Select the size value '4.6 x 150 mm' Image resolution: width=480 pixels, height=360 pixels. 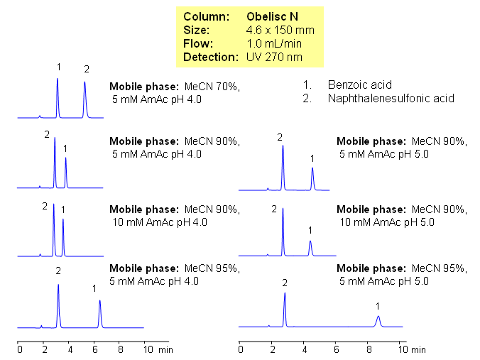pos(280,31)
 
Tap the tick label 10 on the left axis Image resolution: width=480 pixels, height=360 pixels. pos(146,350)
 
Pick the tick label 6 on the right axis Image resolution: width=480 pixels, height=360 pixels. pos(337,350)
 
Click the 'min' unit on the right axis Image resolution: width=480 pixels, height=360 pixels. pos(418,350)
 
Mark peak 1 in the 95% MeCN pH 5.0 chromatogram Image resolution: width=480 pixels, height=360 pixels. pos(378,320)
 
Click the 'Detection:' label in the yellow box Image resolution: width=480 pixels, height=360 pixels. pos(207,56)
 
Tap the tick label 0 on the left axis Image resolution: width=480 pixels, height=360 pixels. pos(20,350)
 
